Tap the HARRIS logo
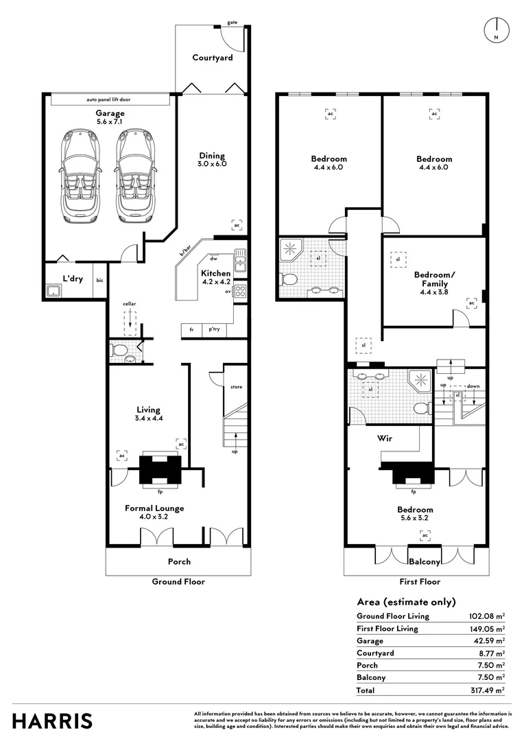pos(52,721)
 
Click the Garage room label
pos(110,113)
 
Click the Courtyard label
pos(212,58)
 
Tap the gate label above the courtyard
pos(233,23)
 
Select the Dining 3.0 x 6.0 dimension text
pos(213,164)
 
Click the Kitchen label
pos(216,273)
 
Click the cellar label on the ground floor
pos(130,303)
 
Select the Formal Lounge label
pos(154,508)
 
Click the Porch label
pos(180,561)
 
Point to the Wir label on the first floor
pos(384,437)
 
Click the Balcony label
pos(425,562)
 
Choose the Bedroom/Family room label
pos(433,279)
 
